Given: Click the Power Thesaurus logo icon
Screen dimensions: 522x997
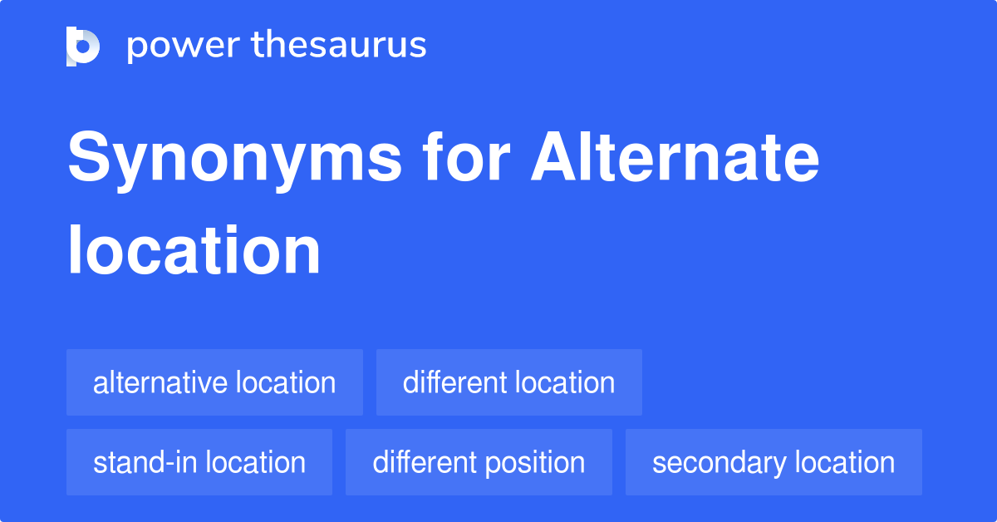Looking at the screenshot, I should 83,46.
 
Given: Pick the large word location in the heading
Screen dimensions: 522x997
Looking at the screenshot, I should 194,250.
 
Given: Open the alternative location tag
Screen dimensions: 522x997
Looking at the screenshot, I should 214,382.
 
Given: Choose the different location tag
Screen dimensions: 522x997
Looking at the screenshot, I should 508,382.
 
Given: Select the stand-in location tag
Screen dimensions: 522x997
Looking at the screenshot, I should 199,462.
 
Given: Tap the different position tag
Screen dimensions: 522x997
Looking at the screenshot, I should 479,462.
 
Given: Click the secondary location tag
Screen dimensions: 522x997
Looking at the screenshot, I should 774,462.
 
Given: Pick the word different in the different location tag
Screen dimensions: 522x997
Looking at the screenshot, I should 454,382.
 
